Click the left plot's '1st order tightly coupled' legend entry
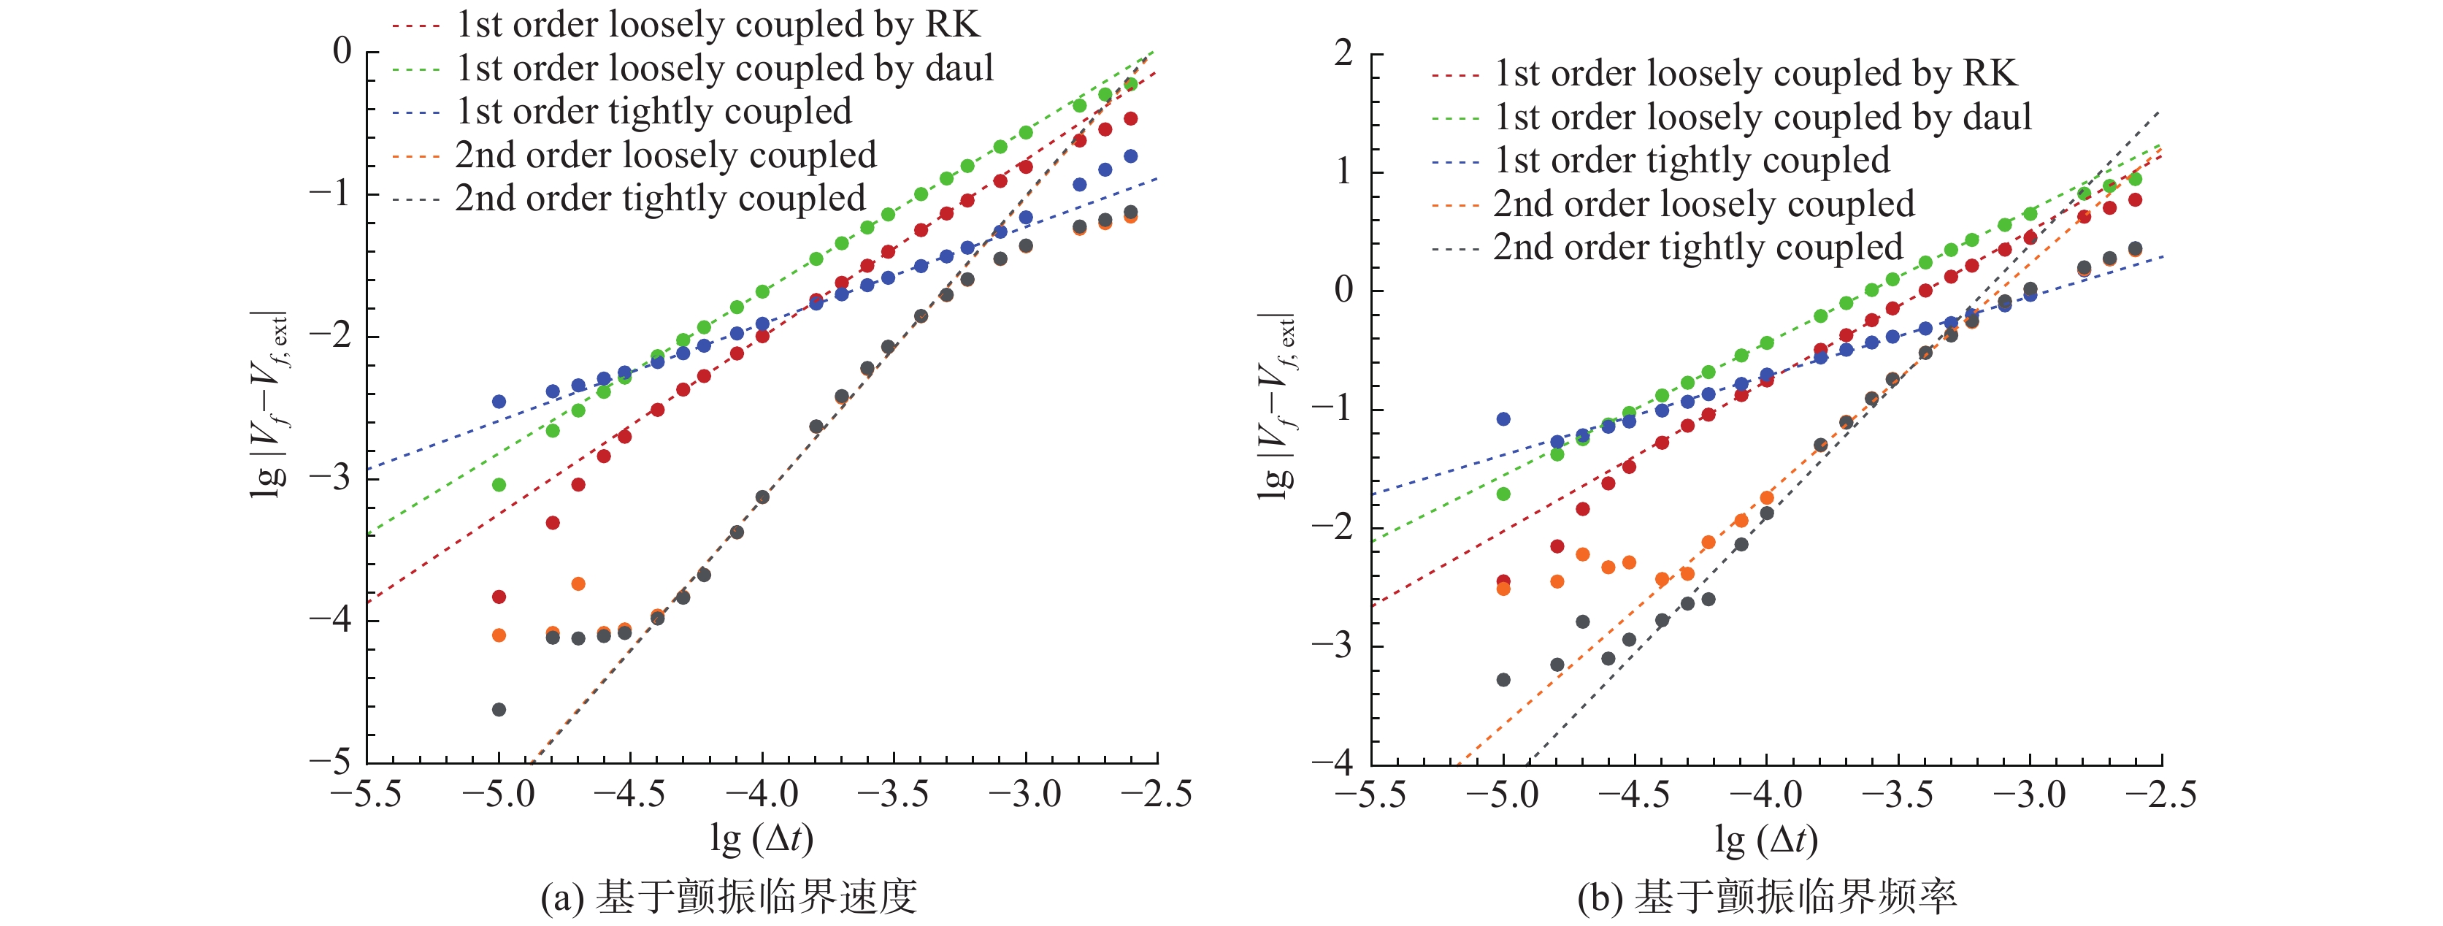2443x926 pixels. click(653, 112)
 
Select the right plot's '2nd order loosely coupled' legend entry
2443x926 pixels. click(1703, 204)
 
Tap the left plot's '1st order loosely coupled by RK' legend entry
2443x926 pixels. click(717, 25)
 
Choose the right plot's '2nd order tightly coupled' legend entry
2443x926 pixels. click(1698, 248)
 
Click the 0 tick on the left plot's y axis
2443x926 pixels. click(342, 50)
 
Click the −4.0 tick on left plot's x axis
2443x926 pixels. click(762, 794)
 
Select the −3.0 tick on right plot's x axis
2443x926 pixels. click(2030, 794)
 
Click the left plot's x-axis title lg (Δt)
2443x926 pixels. click(762, 838)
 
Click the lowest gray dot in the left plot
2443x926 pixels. click(499, 710)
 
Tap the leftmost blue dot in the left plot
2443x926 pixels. click(499, 402)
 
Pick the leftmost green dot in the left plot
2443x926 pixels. click(499, 485)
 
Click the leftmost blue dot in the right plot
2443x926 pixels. click(1503, 419)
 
